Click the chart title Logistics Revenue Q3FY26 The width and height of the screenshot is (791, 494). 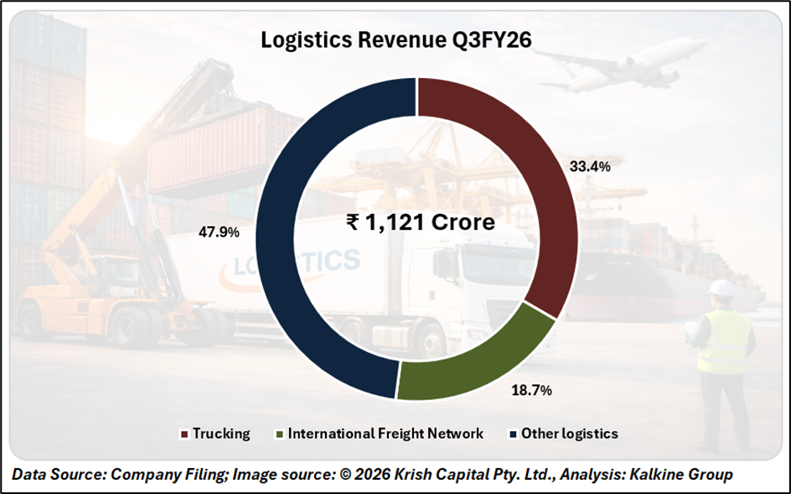pyautogui.click(x=395, y=40)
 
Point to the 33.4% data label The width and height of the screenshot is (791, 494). pyautogui.click(x=589, y=166)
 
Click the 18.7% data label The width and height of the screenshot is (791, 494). pyautogui.click(x=532, y=390)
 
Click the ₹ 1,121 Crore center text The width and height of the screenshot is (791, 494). pyautogui.click(x=420, y=223)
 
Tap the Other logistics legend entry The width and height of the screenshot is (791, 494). pyautogui.click(x=569, y=434)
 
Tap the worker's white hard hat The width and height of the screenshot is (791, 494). pyautogui.click(x=721, y=289)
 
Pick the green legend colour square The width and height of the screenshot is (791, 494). pyautogui.click(x=278, y=434)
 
